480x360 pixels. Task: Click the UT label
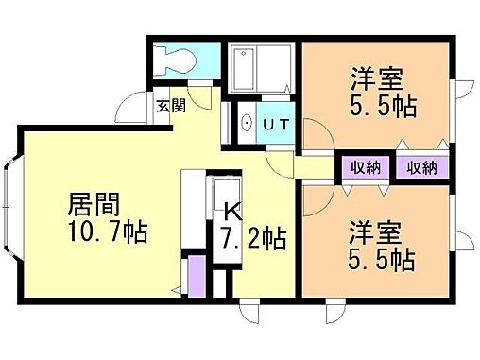(277, 123)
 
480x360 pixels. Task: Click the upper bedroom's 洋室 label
(361, 77)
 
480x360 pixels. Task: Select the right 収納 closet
(421, 168)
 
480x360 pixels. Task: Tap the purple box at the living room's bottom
(195, 274)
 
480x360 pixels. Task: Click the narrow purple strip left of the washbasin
(227, 123)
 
